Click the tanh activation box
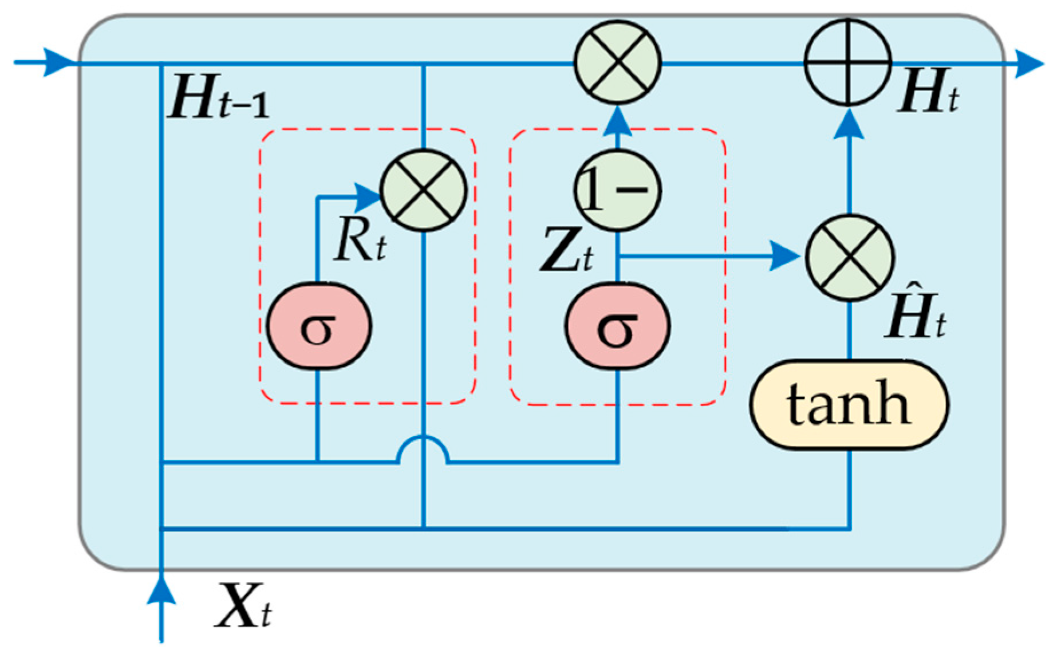coord(849,405)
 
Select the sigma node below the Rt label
coord(319,326)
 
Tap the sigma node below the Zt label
coord(617,326)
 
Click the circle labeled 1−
coord(617,190)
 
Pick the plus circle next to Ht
coord(848,62)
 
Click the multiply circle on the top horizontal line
coord(617,62)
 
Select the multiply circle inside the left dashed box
coord(424,190)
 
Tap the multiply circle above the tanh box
coord(850,258)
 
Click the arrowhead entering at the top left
coord(57,62)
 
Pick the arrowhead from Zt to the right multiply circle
coord(784,256)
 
